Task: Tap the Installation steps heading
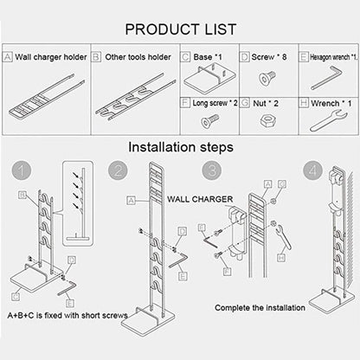(180, 147)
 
